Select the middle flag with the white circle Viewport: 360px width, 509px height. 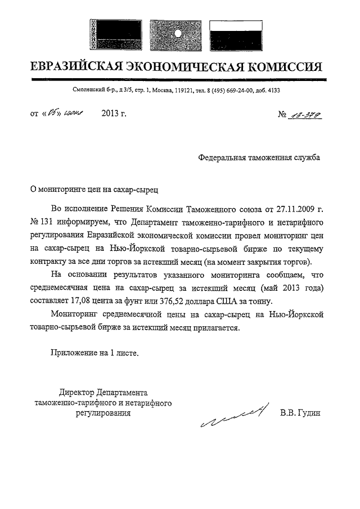[x=178, y=34]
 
